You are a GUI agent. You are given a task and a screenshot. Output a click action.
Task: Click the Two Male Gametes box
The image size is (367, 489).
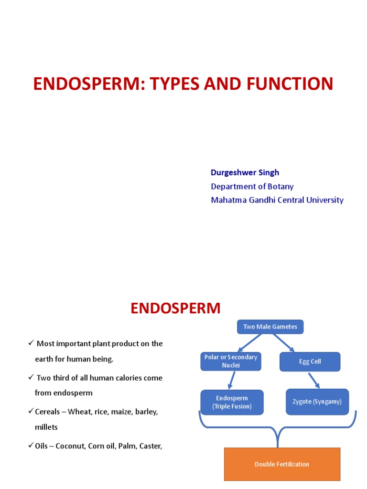coord(270,327)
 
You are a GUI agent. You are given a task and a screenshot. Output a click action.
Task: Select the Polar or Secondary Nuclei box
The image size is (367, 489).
coord(230,361)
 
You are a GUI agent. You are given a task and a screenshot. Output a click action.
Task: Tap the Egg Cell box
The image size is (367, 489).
coord(310,361)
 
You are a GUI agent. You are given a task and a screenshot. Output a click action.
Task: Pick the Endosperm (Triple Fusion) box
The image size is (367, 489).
coord(232,402)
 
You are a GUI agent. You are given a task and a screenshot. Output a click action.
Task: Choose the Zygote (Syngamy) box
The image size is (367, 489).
coord(317,402)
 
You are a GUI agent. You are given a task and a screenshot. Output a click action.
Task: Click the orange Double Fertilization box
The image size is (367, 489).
coord(282,464)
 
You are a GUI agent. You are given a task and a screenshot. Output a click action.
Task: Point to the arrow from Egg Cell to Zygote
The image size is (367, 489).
coord(313,380)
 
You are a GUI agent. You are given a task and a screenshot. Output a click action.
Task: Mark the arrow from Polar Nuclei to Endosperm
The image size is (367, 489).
coord(231,380)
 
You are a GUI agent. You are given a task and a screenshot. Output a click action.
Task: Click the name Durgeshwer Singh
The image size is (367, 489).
coord(245,172)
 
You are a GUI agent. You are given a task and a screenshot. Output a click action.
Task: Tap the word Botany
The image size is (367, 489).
coord(281,186)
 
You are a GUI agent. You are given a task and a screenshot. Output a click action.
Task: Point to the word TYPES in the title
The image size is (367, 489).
coord(177,84)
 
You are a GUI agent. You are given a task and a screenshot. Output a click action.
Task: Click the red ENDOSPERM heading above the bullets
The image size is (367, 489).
coord(175,308)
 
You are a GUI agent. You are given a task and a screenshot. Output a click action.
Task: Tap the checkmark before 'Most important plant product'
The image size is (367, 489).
coord(31,343)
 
